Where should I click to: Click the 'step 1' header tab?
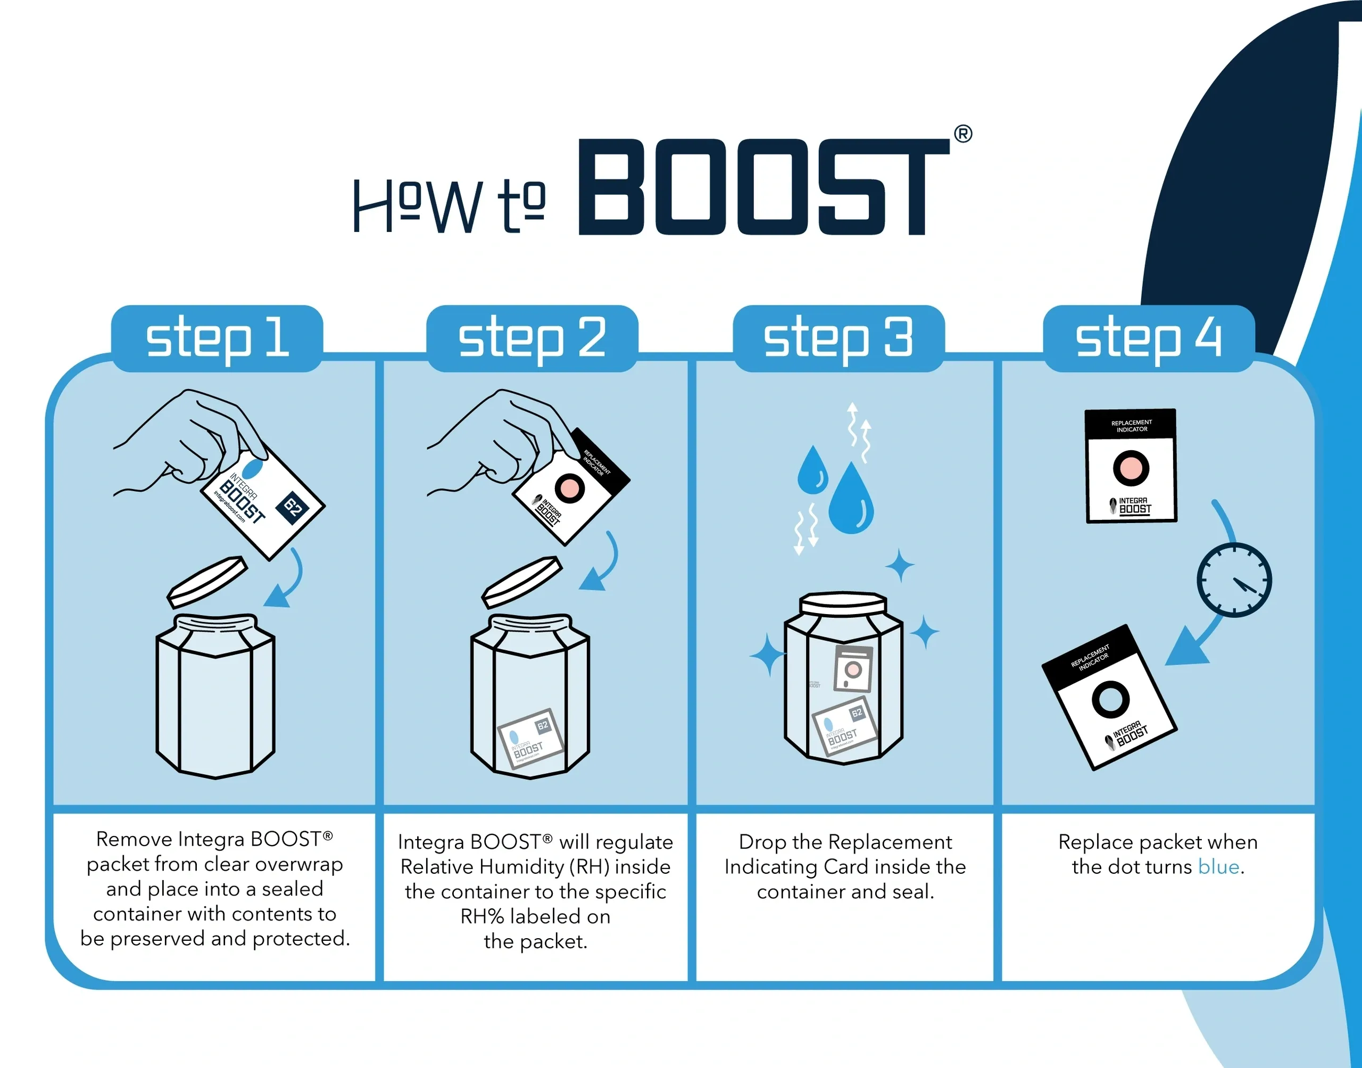pos(217,338)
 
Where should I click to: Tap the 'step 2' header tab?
pos(532,338)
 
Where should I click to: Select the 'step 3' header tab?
pos(838,338)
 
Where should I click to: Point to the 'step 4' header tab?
pos(1149,338)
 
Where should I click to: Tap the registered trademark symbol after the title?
pos(963,134)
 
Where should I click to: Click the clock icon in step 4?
pos(1234,580)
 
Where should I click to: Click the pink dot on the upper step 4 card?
pos(1131,468)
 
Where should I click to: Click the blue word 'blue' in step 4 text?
pos(1218,867)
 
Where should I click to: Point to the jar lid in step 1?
pos(207,582)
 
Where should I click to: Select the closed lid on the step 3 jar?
pos(843,604)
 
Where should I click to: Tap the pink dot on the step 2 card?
pos(569,486)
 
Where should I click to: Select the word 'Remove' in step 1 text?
pos(134,839)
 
